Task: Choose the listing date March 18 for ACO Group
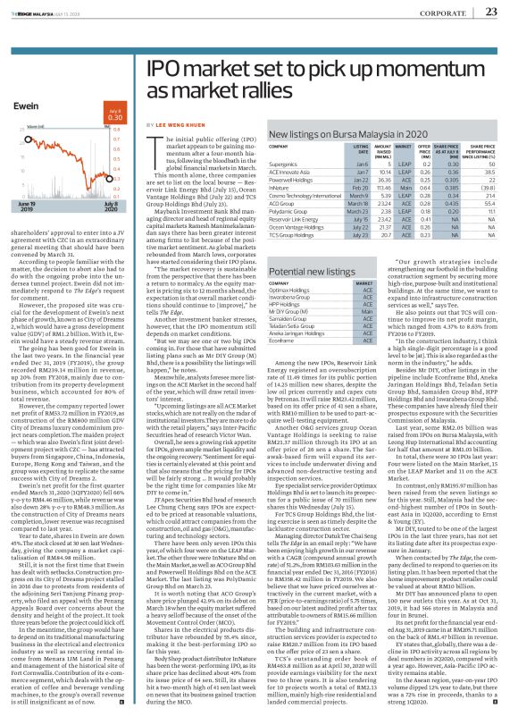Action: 361,206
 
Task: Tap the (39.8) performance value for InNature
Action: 488,189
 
